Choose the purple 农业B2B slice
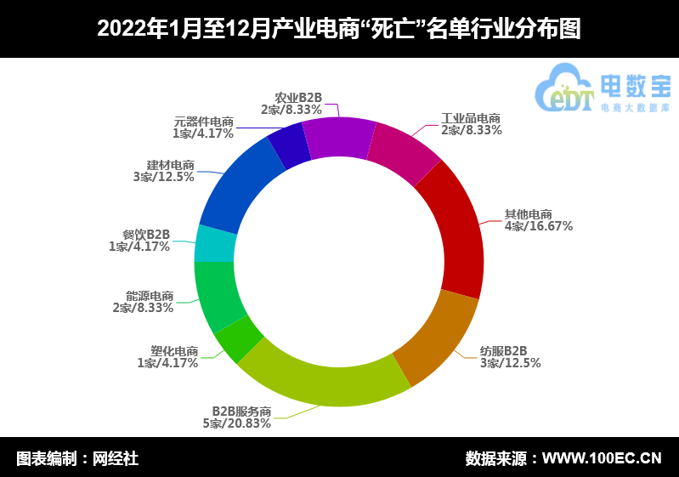338,137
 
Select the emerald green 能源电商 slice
218,294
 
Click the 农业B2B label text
298,98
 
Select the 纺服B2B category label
503,350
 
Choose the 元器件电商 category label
203,121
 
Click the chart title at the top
339,29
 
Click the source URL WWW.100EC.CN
601,458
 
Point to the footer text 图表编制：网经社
77,458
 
